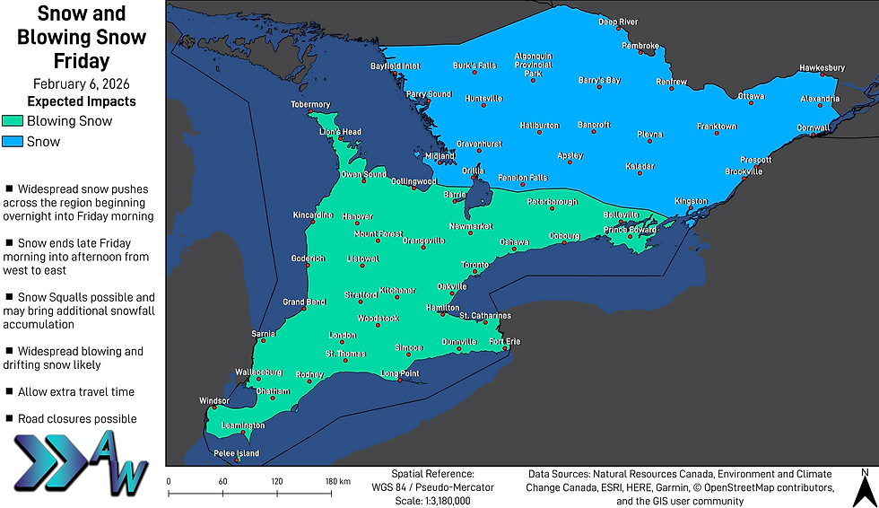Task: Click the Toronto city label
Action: pyautogui.click(x=474, y=266)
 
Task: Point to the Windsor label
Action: pyautogui.click(x=215, y=401)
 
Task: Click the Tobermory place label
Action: pyautogui.click(x=310, y=105)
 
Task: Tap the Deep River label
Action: pyautogui.click(x=618, y=22)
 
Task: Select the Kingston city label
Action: pyautogui.click(x=691, y=201)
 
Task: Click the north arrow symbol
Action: pyautogui.click(x=864, y=488)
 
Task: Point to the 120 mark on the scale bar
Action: pyautogui.click(x=277, y=481)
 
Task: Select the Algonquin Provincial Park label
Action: pyautogui.click(x=533, y=65)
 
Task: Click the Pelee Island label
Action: pyautogui.click(x=236, y=453)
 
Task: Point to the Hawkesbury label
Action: pyautogui.click(x=822, y=68)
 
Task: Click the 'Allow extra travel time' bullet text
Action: pyautogui.click(x=77, y=392)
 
